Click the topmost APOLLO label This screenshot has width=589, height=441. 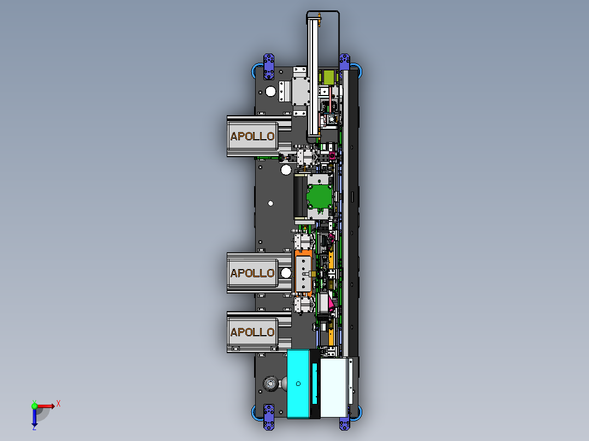[252, 136]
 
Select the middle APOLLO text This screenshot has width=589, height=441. [252, 273]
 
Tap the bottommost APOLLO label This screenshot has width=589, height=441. [252, 332]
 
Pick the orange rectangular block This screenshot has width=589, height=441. [303, 272]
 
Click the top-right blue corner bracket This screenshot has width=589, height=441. [345, 61]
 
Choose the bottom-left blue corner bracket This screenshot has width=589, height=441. [269, 417]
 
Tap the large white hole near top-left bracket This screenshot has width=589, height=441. [270, 91]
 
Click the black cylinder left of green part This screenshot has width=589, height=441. [299, 196]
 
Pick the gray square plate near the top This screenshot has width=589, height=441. [301, 91]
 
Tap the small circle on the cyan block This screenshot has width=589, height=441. [298, 384]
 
